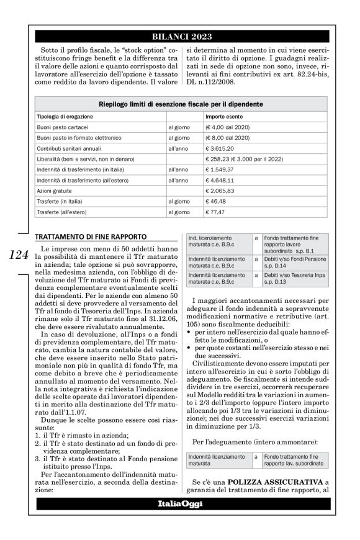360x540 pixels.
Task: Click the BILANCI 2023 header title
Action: pyautogui.click(x=179, y=36)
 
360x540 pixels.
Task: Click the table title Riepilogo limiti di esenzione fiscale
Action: pyautogui.click(x=180, y=104)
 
